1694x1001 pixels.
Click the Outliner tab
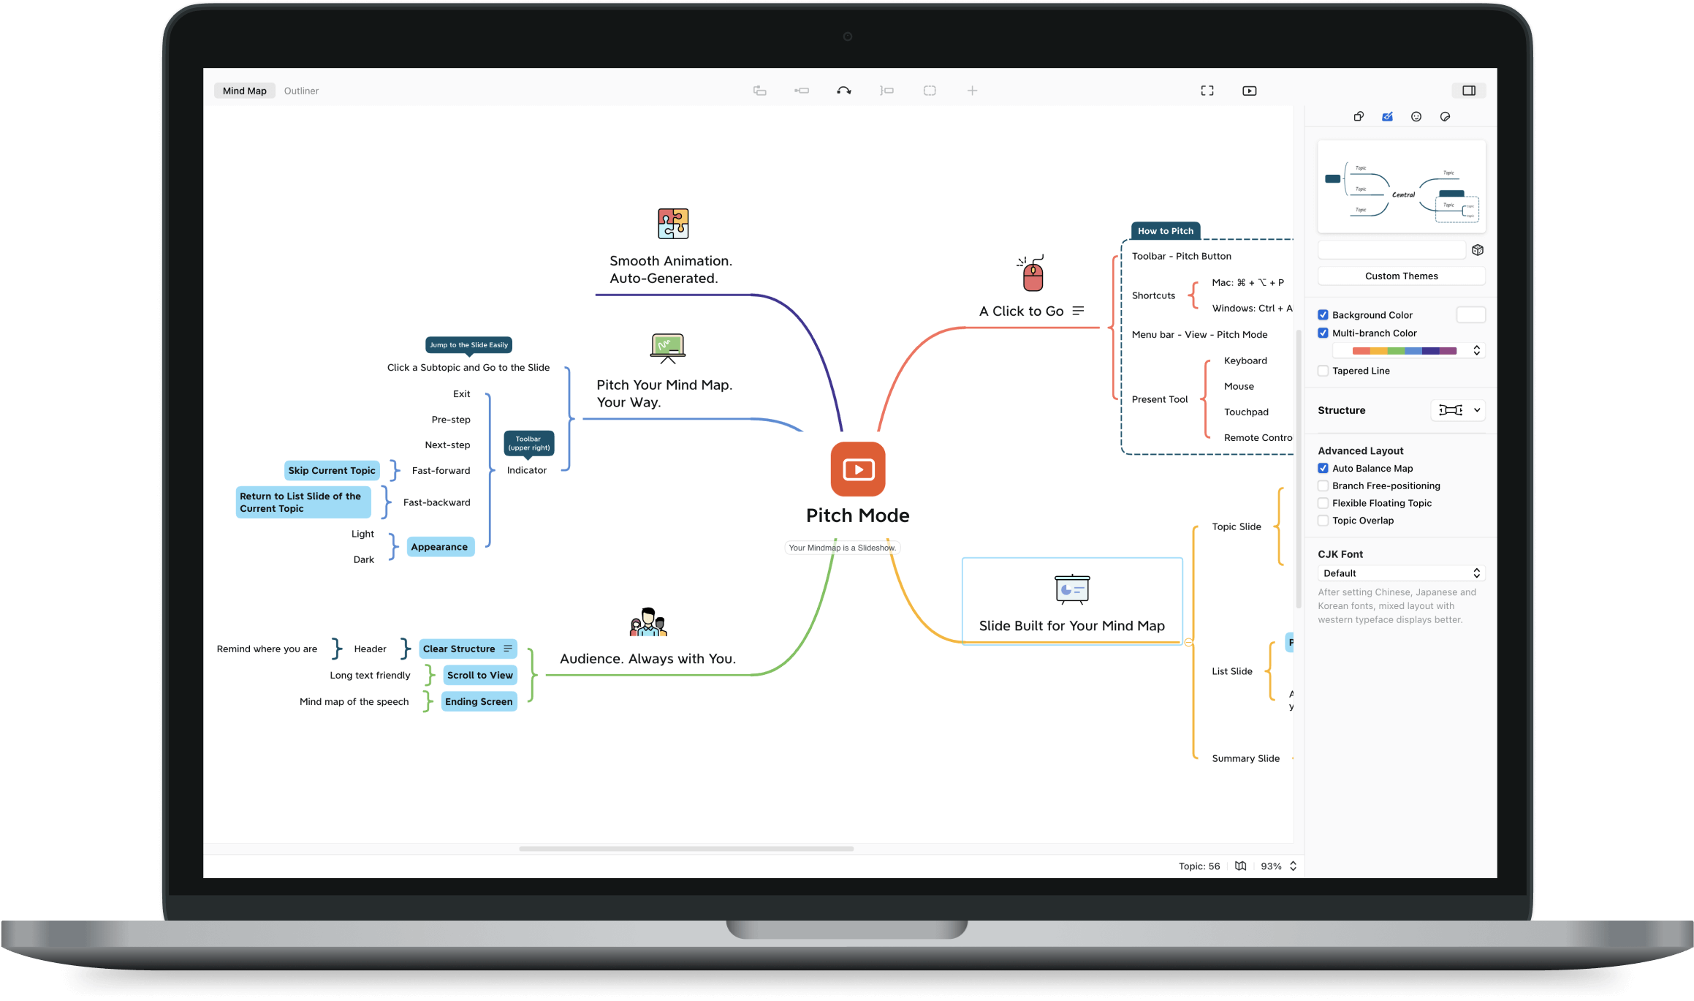point(301,91)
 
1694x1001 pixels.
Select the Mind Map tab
point(244,91)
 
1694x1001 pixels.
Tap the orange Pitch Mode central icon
point(857,469)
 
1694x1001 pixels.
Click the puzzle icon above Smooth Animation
point(672,224)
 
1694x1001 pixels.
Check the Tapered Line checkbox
point(1323,371)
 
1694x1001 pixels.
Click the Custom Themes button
point(1401,276)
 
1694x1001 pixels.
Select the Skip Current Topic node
point(332,470)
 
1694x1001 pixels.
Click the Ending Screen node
point(479,701)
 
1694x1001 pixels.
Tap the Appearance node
point(439,546)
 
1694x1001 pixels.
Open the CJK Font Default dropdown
point(1401,573)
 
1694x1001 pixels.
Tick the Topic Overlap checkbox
point(1323,521)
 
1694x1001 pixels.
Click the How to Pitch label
point(1165,231)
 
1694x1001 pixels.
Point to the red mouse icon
point(1032,274)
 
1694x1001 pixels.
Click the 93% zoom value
point(1271,866)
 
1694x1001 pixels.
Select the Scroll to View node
point(479,675)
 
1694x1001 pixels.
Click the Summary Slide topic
point(1245,758)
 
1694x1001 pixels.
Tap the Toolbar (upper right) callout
point(528,443)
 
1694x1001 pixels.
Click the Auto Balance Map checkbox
point(1323,468)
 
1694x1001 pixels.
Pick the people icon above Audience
point(648,622)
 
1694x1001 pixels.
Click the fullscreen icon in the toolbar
point(1207,91)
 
